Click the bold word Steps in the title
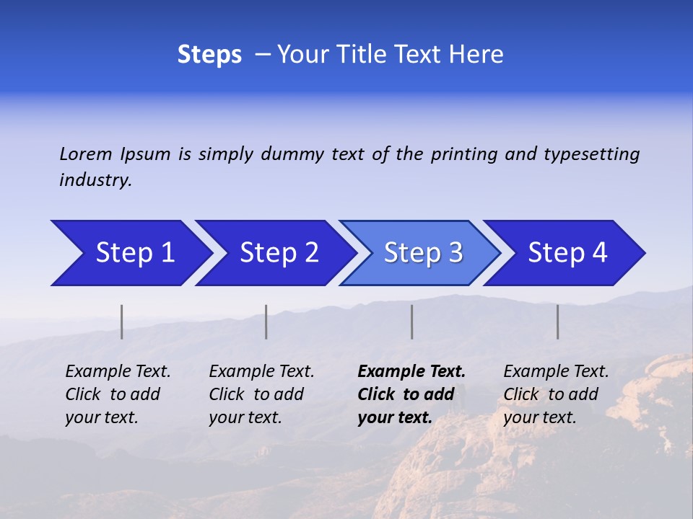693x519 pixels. (209, 55)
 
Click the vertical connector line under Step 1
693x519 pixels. (122, 321)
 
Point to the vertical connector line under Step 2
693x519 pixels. (266, 321)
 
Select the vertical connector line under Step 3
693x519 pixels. (411, 321)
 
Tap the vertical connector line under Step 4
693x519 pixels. (557, 321)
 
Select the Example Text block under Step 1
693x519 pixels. (118, 394)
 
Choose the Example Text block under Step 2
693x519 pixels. (261, 394)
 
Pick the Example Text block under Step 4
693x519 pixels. (556, 394)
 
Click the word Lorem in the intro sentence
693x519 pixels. (86, 154)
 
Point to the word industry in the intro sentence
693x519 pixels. (95, 180)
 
